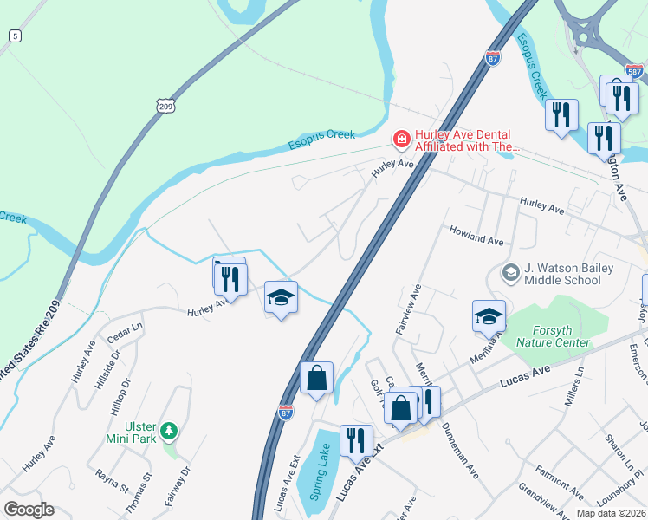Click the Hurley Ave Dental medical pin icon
pyautogui.click(x=401, y=139)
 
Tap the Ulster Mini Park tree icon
pyautogui.click(x=171, y=430)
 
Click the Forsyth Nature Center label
pyautogui.click(x=548, y=335)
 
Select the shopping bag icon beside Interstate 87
pyautogui.click(x=317, y=378)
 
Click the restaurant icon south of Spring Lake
pyautogui.click(x=355, y=441)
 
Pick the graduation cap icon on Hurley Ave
pyautogui.click(x=281, y=297)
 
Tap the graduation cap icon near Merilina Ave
pyautogui.click(x=489, y=316)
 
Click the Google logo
pyautogui.click(x=29, y=509)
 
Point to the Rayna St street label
pyautogui.click(x=112, y=477)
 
